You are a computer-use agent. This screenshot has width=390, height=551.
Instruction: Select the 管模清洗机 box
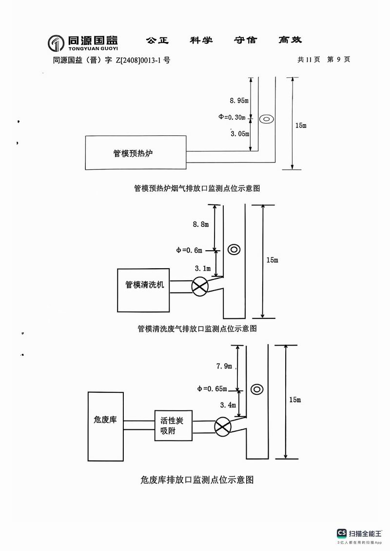tap(144, 290)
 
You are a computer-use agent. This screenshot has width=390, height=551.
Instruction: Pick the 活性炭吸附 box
tap(173, 425)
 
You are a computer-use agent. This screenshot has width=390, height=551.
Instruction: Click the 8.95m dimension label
tap(239, 101)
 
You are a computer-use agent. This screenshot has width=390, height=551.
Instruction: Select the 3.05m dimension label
tap(239, 133)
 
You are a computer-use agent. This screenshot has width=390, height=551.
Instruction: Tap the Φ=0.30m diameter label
tap(233, 117)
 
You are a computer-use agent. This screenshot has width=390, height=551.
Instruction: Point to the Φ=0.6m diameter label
tap(190, 250)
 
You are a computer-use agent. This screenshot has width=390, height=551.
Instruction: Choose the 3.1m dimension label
tap(202, 268)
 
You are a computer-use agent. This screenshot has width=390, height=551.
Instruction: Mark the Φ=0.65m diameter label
tap(212, 389)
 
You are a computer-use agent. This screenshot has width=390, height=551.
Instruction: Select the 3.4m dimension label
tap(228, 405)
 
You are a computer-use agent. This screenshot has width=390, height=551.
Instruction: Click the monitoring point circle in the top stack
tap(266, 118)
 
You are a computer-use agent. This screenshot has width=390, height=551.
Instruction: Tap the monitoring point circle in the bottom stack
tap(257, 389)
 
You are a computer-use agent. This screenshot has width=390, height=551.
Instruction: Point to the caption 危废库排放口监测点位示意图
tap(197, 480)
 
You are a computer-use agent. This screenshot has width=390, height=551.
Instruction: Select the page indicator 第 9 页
tap(338, 59)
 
